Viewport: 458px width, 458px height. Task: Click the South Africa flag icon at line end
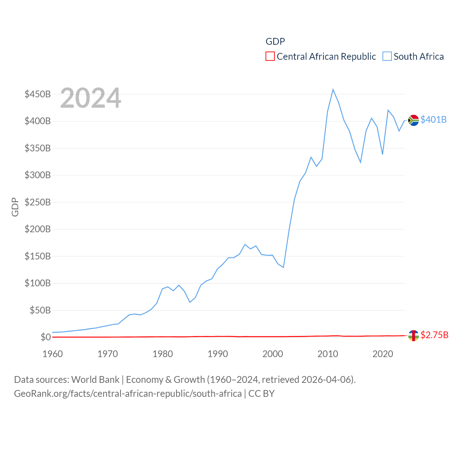(x=413, y=120)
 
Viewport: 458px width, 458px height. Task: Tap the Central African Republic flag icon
(x=413, y=336)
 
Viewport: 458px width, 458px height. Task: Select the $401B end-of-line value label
(x=433, y=120)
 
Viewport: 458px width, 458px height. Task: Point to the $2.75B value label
(x=434, y=335)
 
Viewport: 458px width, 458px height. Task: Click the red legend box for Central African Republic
(x=270, y=57)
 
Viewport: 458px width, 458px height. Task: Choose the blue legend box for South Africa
(x=387, y=57)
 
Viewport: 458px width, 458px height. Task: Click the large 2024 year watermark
(x=91, y=98)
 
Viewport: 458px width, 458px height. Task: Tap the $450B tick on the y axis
(x=38, y=94)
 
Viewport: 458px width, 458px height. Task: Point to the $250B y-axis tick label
(x=38, y=202)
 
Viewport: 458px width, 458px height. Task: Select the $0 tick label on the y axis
(x=45, y=337)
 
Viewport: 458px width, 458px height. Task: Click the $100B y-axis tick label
(x=38, y=283)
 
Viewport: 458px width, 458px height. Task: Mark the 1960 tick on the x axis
(x=53, y=354)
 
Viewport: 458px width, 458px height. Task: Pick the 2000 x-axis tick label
(x=273, y=354)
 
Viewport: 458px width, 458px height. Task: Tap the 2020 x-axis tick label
(x=383, y=354)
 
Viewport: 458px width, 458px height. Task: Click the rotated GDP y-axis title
(x=15, y=207)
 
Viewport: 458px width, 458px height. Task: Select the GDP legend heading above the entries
(x=275, y=42)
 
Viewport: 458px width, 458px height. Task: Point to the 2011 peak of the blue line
(x=333, y=89)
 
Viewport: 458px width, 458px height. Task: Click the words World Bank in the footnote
(x=95, y=379)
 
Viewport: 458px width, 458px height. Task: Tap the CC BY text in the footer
(x=261, y=394)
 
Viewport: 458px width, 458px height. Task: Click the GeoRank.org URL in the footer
(x=128, y=394)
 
